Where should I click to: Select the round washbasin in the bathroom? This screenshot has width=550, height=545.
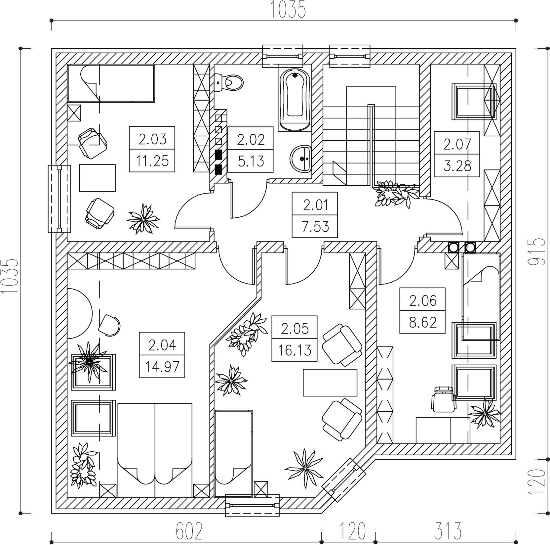[x=301, y=159]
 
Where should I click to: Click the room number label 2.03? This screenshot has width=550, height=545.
[x=152, y=139]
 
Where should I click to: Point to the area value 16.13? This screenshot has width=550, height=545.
[x=295, y=350]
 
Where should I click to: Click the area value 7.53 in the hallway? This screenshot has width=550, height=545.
[x=315, y=227]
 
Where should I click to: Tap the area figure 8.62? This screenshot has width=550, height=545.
[x=423, y=322]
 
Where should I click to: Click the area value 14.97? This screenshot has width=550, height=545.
[x=162, y=366]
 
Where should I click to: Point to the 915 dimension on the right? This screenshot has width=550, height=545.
[x=535, y=251]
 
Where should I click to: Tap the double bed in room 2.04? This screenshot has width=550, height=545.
[x=155, y=450]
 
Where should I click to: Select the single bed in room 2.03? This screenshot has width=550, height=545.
[x=111, y=83]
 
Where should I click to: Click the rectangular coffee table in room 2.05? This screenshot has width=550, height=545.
[x=330, y=383]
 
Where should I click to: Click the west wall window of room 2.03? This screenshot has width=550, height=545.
[x=59, y=199]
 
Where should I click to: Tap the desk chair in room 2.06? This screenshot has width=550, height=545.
[x=443, y=399]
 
